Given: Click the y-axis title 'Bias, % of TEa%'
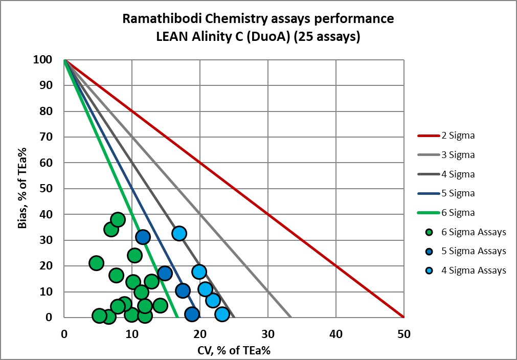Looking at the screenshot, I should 23,188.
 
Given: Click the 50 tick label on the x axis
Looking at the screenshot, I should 403,334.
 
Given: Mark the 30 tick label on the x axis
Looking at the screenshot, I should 267,334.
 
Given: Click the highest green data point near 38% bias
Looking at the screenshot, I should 118,220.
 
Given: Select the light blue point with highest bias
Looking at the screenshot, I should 179,234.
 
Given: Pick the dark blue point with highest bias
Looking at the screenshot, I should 143,237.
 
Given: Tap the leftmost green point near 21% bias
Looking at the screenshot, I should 96,263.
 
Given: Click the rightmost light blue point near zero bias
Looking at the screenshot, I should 222,314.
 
